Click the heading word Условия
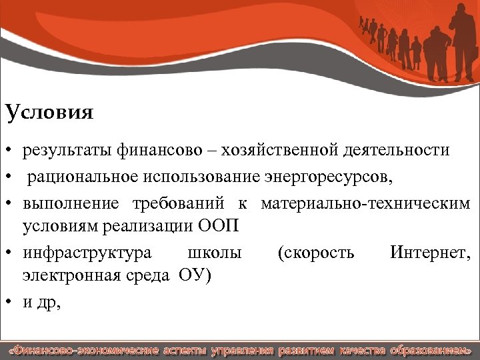[x=49, y=111]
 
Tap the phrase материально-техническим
[x=366, y=203]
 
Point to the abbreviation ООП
[x=218, y=227]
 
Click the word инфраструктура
[x=87, y=253]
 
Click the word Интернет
[x=431, y=253]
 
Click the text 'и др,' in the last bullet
[x=41, y=303]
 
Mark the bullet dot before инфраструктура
[x=10, y=253]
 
